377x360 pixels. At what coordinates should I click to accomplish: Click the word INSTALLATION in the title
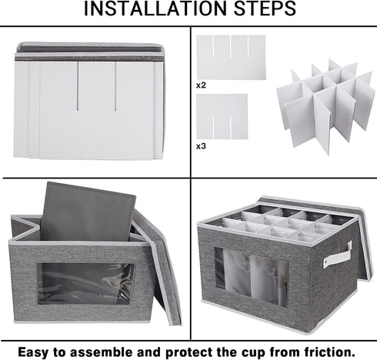click(x=156, y=8)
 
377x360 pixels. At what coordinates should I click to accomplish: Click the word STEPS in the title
click(x=265, y=8)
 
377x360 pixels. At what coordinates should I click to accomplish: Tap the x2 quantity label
click(x=201, y=85)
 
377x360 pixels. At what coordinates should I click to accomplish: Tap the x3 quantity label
click(x=201, y=146)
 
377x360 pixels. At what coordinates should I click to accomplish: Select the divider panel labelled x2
click(x=231, y=57)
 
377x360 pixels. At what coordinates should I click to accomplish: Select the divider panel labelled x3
click(x=222, y=117)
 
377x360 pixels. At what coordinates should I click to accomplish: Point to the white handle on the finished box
click(x=338, y=255)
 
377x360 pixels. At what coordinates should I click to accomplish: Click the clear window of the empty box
click(x=86, y=284)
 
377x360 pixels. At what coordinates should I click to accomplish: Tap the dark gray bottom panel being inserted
click(x=88, y=212)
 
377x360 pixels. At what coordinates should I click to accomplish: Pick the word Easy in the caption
click(x=33, y=352)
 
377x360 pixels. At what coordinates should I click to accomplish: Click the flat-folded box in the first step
click(x=89, y=101)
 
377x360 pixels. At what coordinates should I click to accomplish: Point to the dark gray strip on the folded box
click(x=89, y=58)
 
